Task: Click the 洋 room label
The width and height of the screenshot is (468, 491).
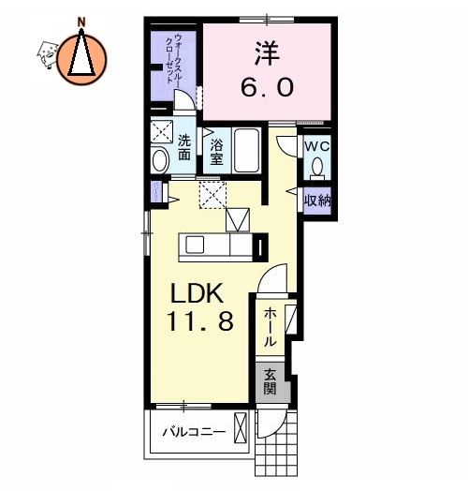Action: (269, 52)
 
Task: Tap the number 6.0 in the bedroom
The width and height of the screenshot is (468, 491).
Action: (269, 87)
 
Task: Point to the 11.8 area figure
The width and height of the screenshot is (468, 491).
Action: (201, 323)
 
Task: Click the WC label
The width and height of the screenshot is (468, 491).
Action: (316, 147)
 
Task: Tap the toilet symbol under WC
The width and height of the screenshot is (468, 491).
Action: (317, 167)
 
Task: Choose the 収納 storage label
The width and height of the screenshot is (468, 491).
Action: (316, 200)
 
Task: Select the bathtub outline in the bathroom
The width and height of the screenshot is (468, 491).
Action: (248, 151)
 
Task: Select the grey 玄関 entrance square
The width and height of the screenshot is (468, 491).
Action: (270, 381)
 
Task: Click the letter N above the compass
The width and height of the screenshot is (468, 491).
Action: (82, 21)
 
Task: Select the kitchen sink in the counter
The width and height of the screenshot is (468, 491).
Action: (196, 245)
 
